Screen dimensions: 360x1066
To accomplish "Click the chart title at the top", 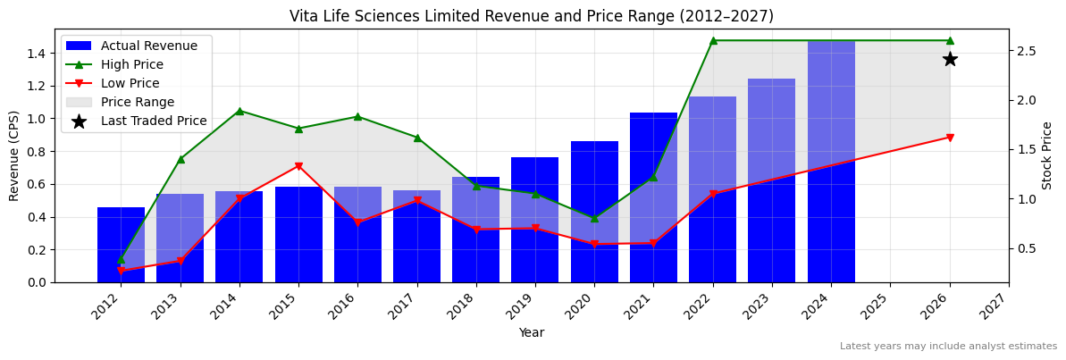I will click(532, 16).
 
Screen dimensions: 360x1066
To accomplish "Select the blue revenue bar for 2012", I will click(121, 246).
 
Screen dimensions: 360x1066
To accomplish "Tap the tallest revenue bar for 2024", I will click(831, 161).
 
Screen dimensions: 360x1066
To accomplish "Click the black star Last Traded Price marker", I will click(950, 59).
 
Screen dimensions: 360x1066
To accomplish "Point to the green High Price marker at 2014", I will click(239, 111).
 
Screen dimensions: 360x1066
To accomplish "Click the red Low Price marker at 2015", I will click(298, 166).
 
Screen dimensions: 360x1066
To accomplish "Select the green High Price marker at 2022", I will click(713, 40).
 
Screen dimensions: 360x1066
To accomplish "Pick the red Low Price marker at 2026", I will click(950, 138).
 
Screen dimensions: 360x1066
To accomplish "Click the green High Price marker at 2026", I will click(950, 40).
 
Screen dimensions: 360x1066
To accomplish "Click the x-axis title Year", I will click(532, 333).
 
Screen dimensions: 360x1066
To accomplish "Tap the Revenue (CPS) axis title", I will click(14, 155).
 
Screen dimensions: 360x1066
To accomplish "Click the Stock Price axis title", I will click(1047, 155).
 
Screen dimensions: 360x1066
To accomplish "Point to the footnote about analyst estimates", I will click(948, 347).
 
